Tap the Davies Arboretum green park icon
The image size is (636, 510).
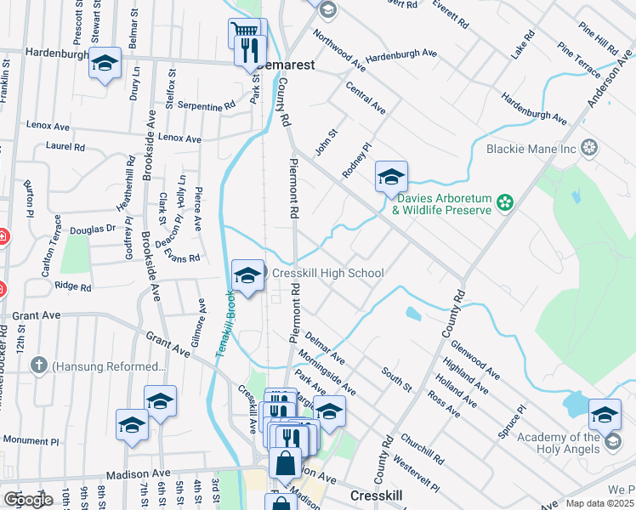click(x=505, y=202)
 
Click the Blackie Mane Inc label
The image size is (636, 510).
click(x=531, y=150)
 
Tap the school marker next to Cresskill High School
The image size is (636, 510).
click(x=247, y=276)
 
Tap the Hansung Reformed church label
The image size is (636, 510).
click(x=108, y=366)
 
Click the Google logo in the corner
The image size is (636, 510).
click(x=27, y=500)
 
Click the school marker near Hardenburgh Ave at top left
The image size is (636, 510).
click(x=105, y=65)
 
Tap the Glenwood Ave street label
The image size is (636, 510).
click(x=476, y=359)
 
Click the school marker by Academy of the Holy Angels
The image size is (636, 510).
click(x=605, y=415)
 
